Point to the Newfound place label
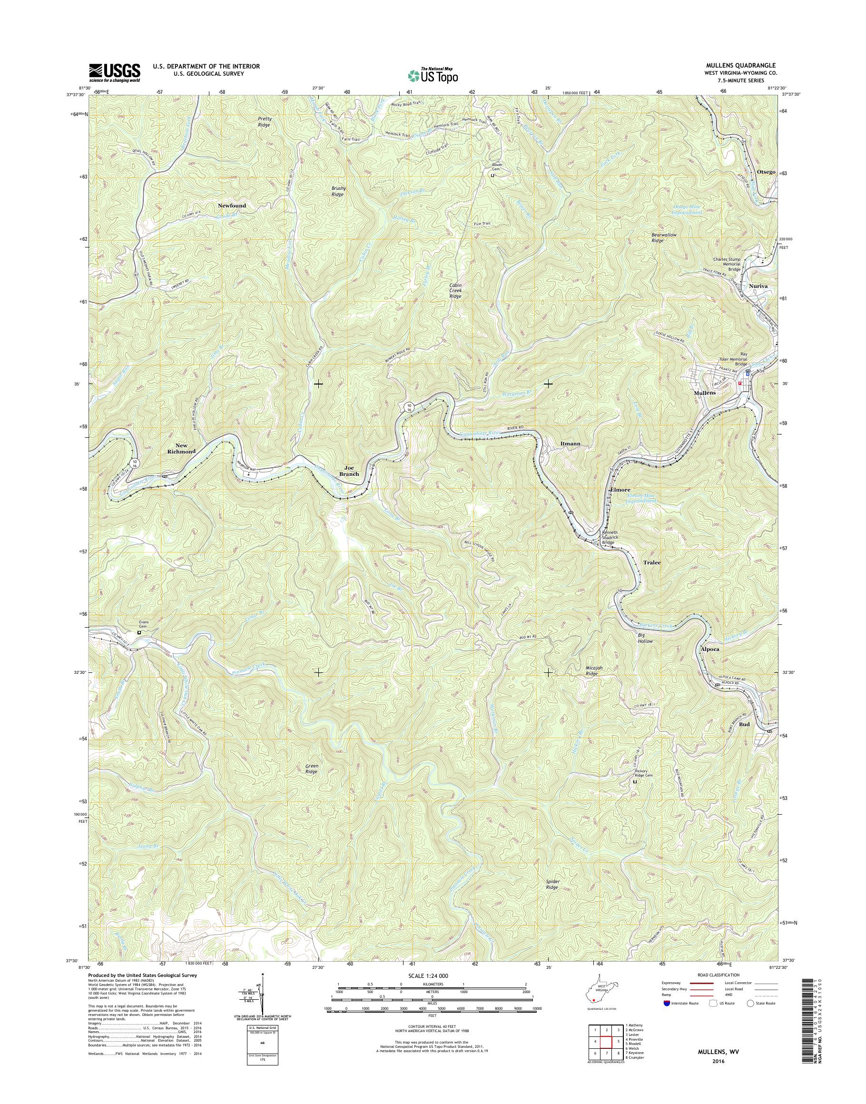(232, 206)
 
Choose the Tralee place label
(652, 562)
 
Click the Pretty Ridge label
(265, 121)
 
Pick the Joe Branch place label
(349, 470)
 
